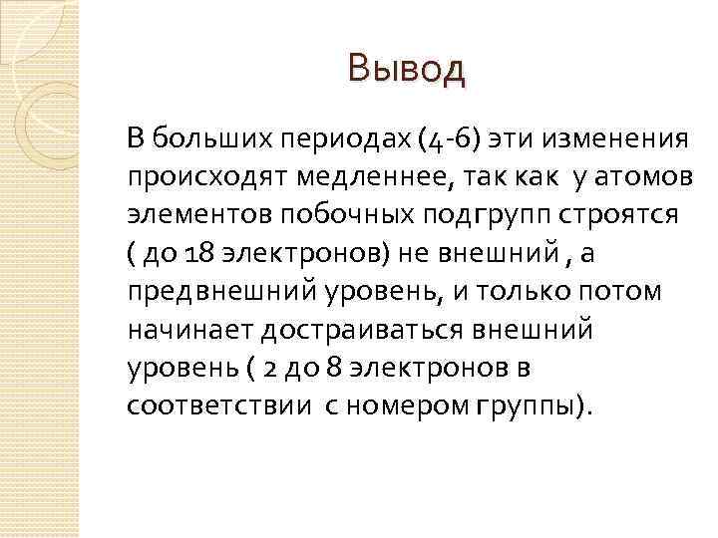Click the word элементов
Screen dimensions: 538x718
coord(187,216)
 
